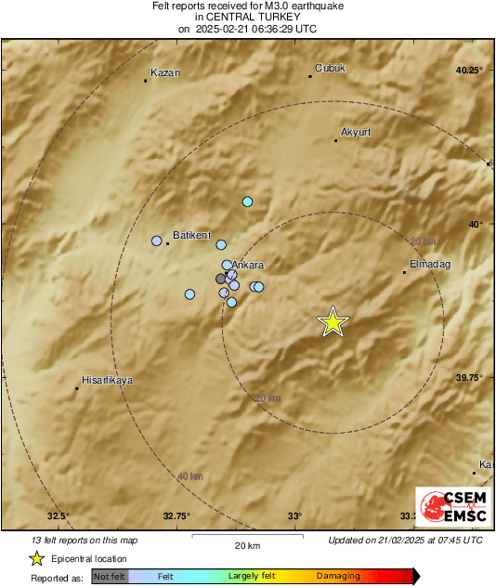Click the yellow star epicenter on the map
(333, 321)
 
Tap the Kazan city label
(164, 72)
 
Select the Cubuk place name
(330, 67)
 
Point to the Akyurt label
(356, 132)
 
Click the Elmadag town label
(429, 264)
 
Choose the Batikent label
(192, 235)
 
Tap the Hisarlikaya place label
(108, 380)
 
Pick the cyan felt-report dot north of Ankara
(247, 202)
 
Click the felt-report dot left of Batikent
(157, 241)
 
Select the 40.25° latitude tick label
(469, 71)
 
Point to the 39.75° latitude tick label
(469, 377)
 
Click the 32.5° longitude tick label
(59, 515)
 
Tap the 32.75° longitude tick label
(176, 515)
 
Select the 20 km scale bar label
(247, 546)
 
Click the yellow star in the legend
(36, 558)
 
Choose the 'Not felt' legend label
(111, 576)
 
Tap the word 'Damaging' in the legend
(338, 576)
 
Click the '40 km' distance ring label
(189, 476)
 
